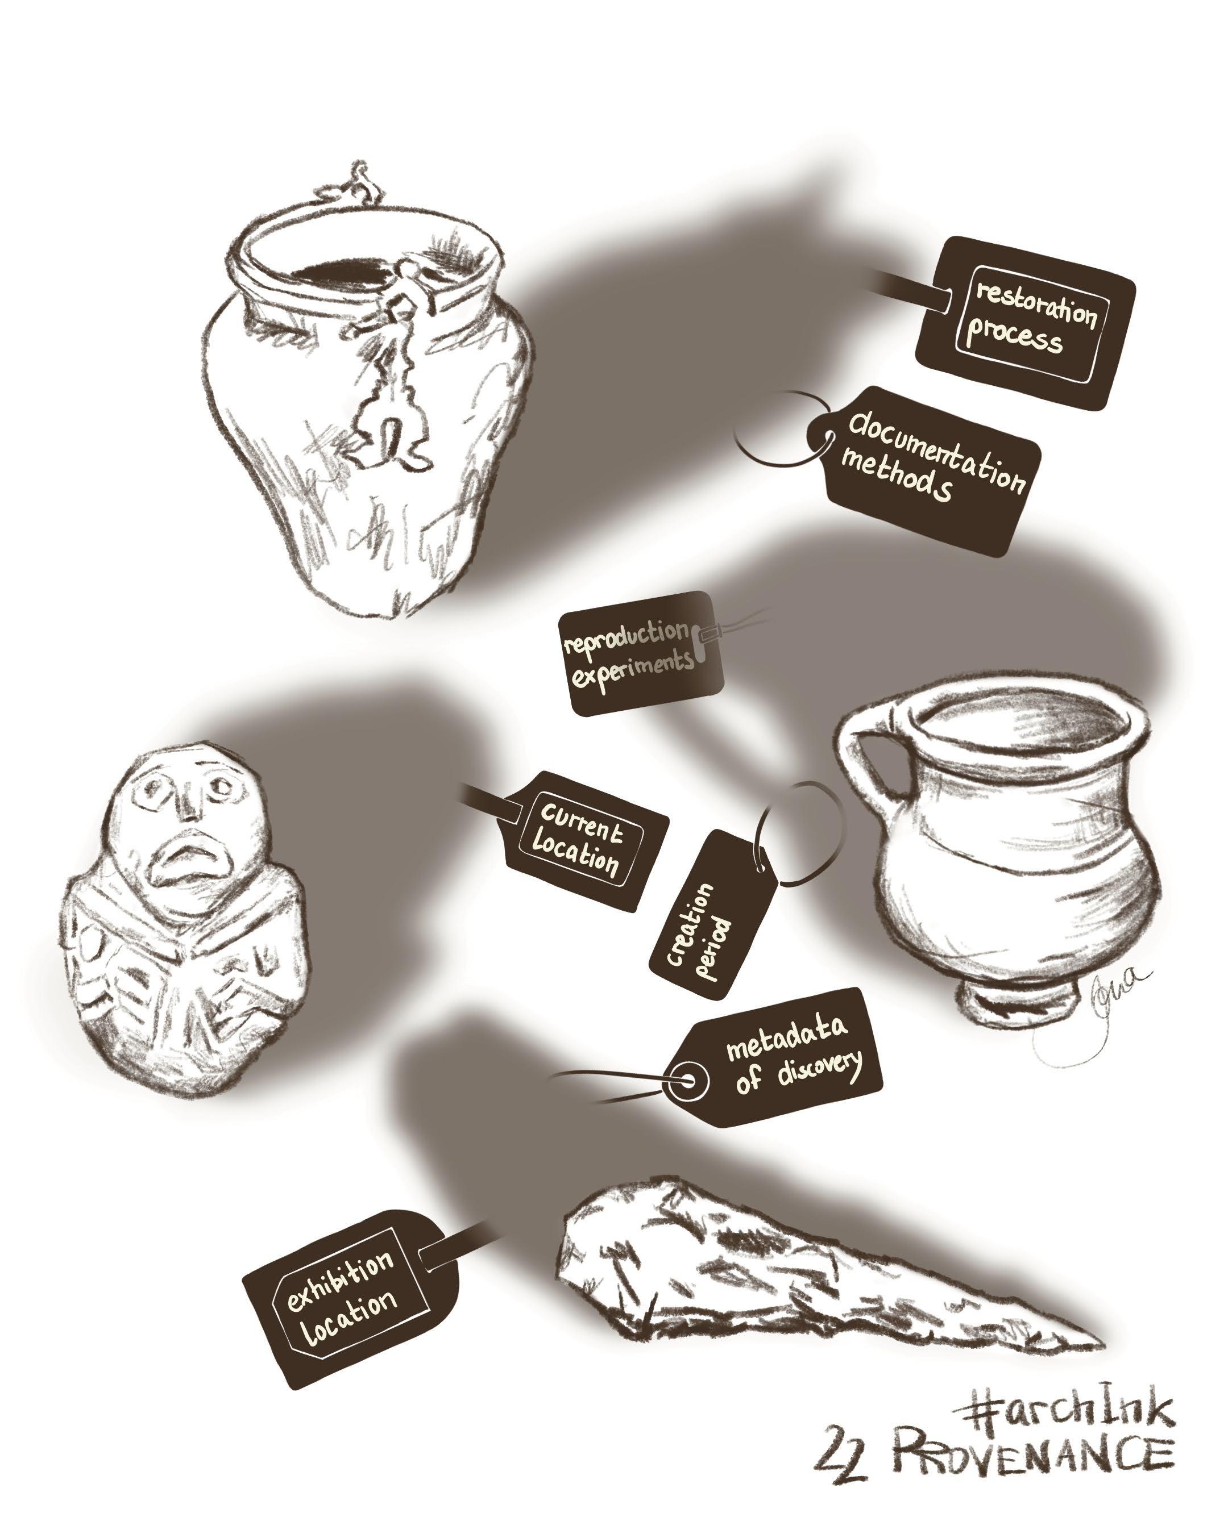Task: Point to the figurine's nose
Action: [x=189, y=804]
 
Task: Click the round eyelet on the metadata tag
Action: [x=687, y=1082]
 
